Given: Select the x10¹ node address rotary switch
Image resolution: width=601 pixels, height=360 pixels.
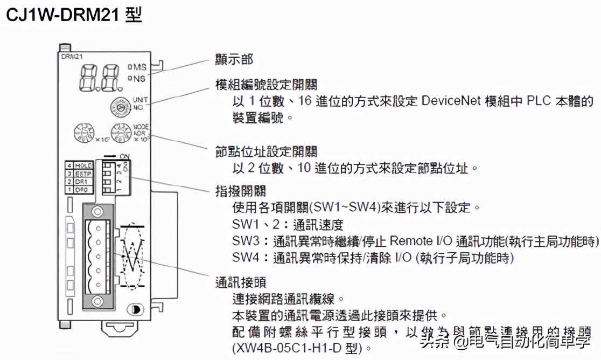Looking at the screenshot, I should coord(84,133).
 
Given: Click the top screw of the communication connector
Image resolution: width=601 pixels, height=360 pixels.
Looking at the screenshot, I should coord(97,211).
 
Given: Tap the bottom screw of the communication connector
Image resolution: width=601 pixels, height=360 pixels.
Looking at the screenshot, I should coord(97,301).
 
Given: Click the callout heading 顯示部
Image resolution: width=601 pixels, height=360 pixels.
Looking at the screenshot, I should coord(234,59).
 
